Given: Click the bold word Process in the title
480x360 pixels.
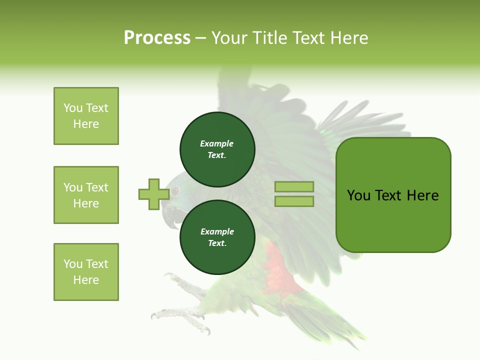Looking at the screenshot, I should [x=157, y=37].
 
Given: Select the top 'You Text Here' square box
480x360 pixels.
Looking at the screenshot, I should [x=86, y=116].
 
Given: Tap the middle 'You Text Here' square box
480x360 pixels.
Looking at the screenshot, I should [x=86, y=195].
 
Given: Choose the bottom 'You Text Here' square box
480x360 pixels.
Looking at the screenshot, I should [x=86, y=272].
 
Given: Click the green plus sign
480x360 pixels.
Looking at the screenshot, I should [x=153, y=194].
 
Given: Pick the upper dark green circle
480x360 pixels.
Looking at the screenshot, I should [x=217, y=149].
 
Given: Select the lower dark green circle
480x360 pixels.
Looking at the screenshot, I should [x=217, y=237].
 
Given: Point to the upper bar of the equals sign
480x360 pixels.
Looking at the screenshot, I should [x=294, y=187].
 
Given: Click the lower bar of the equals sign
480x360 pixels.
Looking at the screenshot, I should [x=294, y=201].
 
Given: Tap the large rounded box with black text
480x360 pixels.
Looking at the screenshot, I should [x=393, y=194].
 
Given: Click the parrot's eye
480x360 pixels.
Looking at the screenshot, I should [x=174, y=191].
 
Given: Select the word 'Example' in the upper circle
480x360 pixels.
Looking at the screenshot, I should [x=217, y=143].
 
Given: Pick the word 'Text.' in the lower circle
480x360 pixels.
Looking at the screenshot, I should [x=217, y=243].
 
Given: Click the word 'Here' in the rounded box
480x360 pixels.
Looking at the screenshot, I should [x=422, y=195].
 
